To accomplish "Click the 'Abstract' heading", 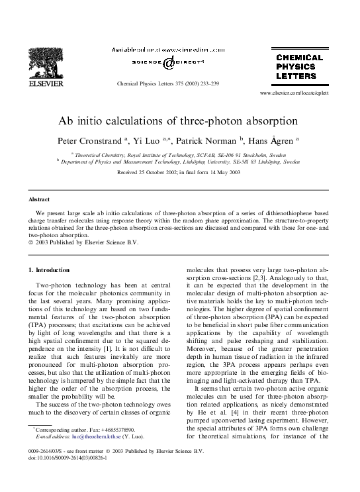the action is tap(40, 199).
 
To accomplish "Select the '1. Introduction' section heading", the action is tap(50, 270).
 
